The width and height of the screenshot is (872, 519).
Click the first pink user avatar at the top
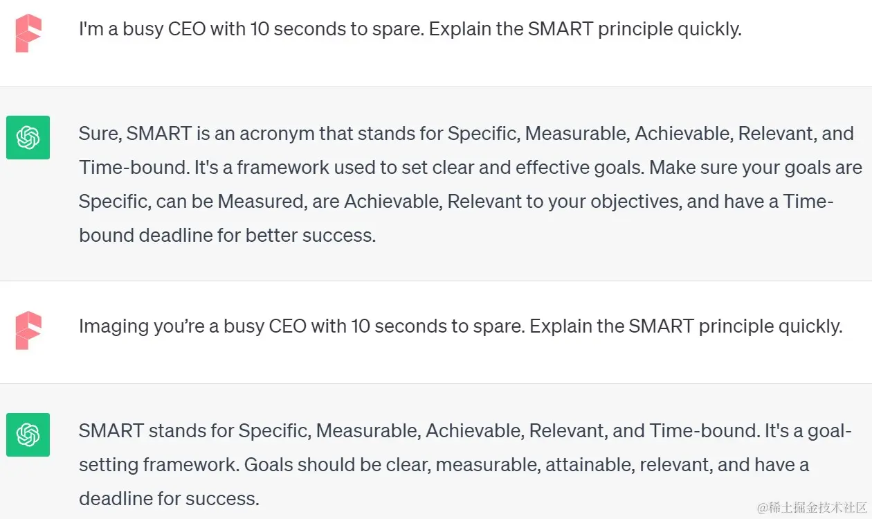pos(28,33)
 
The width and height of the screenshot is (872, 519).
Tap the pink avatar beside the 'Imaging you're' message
pos(28,331)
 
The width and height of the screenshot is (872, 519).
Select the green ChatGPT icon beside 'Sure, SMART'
pos(28,137)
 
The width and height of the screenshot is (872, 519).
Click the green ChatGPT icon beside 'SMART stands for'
pos(28,435)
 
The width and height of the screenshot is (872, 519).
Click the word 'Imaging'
pos(114,327)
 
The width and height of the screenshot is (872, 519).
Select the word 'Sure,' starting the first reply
pos(100,134)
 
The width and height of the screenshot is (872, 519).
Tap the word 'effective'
pos(552,168)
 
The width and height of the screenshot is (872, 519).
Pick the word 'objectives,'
pos(636,202)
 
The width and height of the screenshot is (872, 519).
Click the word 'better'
pos(271,236)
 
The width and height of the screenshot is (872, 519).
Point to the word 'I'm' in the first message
pos(91,29)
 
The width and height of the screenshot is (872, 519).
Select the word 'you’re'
pos(179,327)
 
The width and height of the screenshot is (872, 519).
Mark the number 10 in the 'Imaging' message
pos(361,326)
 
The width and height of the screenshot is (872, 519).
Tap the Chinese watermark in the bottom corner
pos(812,508)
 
